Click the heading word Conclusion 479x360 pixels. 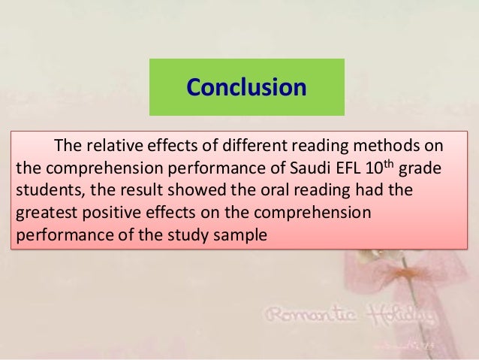click(x=246, y=88)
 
